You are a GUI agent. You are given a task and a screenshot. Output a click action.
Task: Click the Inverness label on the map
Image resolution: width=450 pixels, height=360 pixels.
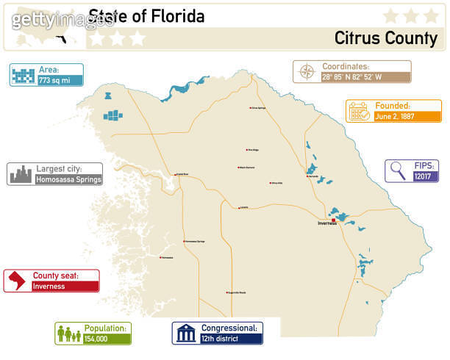(x=326, y=223)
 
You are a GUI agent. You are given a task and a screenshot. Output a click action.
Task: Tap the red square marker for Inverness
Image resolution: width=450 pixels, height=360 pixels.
(x=333, y=219)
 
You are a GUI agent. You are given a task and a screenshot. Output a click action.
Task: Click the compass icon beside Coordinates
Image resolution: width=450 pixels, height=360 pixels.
(x=306, y=72)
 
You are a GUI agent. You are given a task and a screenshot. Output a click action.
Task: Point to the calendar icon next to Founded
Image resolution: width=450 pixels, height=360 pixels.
(x=359, y=111)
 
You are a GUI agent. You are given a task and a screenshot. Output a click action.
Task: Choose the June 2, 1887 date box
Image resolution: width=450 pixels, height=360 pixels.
(x=407, y=116)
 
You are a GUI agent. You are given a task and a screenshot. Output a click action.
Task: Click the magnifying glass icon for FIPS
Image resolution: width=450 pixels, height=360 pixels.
(x=398, y=171)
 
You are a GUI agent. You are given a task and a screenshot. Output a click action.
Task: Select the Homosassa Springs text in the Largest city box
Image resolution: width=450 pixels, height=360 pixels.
(x=68, y=179)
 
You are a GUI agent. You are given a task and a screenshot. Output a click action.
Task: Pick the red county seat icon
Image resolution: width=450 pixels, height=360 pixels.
(x=16, y=281)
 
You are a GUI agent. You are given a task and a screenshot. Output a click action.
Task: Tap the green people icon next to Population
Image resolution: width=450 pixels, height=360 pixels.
(x=68, y=334)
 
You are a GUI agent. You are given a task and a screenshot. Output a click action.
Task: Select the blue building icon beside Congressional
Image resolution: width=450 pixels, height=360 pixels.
(x=185, y=334)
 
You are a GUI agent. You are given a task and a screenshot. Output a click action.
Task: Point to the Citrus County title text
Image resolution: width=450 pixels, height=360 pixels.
(x=385, y=38)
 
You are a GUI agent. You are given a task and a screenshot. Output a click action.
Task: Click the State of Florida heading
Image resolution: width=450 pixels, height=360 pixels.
(x=146, y=16)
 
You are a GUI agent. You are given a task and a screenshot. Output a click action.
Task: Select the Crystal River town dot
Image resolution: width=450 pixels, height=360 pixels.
(x=175, y=175)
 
